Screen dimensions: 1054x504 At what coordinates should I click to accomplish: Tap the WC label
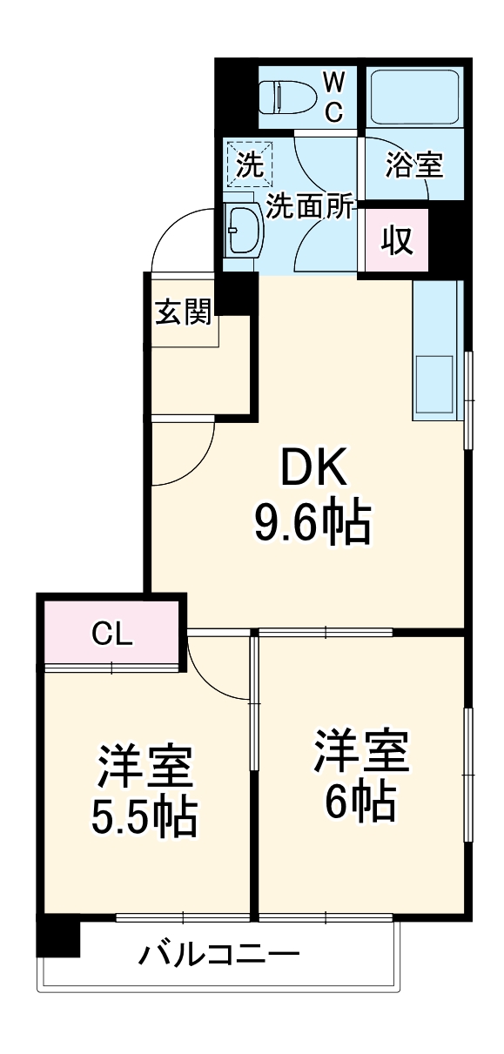(334, 97)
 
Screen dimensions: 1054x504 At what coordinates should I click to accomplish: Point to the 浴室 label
(413, 164)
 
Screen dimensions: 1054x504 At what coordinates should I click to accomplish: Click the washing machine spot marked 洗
(249, 164)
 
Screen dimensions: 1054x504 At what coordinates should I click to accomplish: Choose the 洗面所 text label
(310, 206)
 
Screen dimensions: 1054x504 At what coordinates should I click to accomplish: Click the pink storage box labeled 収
(397, 239)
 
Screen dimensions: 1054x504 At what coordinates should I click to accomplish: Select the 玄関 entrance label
(183, 312)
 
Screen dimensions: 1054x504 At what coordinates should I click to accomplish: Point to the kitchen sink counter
(434, 352)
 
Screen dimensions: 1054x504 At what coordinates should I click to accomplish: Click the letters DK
(312, 471)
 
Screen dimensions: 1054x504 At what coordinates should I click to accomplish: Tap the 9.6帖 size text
(312, 521)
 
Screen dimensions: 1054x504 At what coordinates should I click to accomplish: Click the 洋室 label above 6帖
(360, 751)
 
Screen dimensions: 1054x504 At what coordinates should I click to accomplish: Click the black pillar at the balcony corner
(58, 938)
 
